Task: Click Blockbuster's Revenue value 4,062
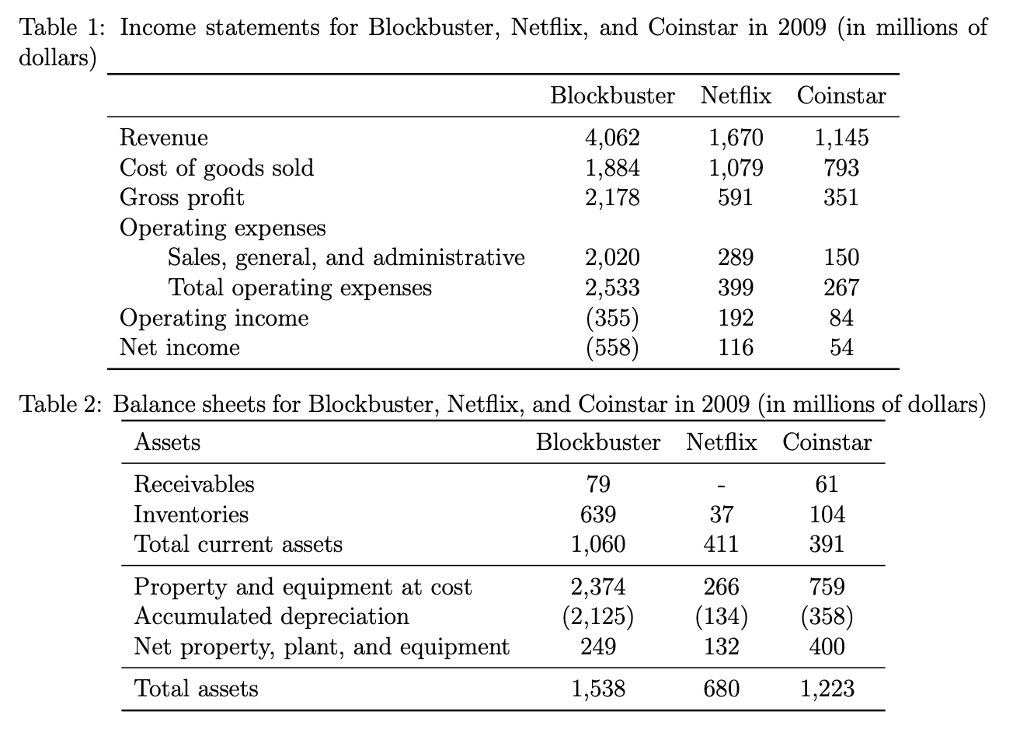pyautogui.click(x=612, y=138)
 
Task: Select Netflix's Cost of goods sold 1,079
pyautogui.click(x=736, y=168)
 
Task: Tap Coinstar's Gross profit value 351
pyautogui.click(x=841, y=197)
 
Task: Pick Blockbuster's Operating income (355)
pyautogui.click(x=612, y=318)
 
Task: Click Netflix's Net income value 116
pyautogui.click(x=736, y=347)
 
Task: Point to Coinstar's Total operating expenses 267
pyautogui.click(x=841, y=288)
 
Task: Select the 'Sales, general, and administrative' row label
pyautogui.click(x=346, y=258)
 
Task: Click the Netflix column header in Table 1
pyautogui.click(x=736, y=96)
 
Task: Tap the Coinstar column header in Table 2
pyautogui.click(x=827, y=442)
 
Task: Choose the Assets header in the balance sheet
pyautogui.click(x=167, y=442)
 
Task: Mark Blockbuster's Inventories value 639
pyautogui.click(x=598, y=515)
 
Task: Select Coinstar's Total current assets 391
pyautogui.click(x=827, y=544)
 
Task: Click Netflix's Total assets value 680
pyautogui.click(x=722, y=689)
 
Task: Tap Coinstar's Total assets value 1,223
pyautogui.click(x=827, y=689)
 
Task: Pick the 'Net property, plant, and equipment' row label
pyautogui.click(x=322, y=647)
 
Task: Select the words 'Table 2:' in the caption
pyautogui.click(x=61, y=404)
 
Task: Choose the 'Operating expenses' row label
pyautogui.click(x=222, y=228)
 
